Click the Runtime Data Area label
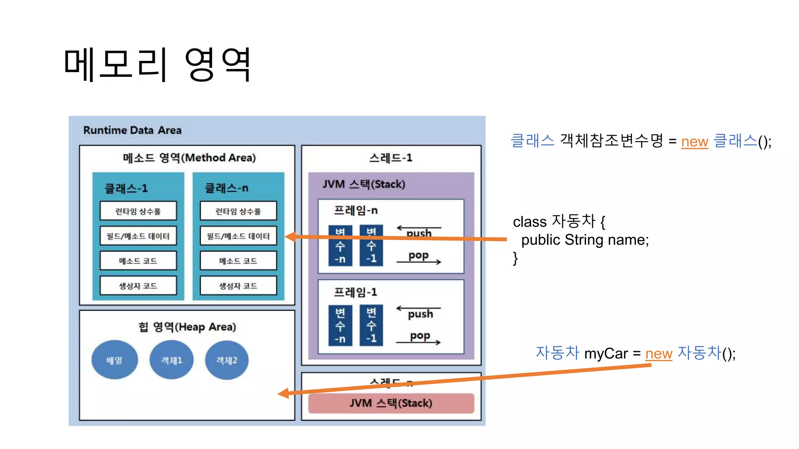tap(132, 130)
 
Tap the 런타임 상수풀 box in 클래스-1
tap(138, 211)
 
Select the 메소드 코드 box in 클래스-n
tap(238, 261)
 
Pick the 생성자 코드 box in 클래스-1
tap(138, 286)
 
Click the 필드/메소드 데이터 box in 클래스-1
tap(138, 236)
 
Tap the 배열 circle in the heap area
tap(114, 360)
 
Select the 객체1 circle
tap(171, 360)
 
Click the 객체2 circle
tap(227, 360)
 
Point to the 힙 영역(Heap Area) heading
tap(187, 327)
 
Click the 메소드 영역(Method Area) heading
tap(189, 158)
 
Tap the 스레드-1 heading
tap(391, 158)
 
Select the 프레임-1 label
tap(355, 292)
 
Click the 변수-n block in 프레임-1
tap(340, 325)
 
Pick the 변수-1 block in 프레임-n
tap(371, 246)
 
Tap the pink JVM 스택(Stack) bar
tap(391, 403)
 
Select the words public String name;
tap(585, 240)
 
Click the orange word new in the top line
tap(694, 141)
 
